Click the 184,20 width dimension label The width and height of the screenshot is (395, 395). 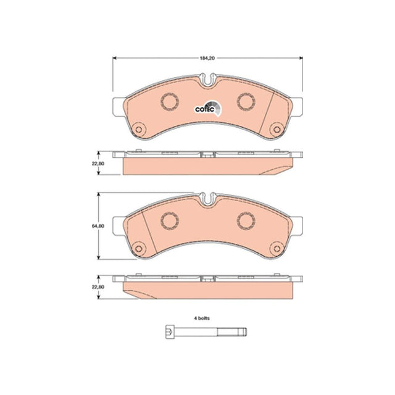(x=207, y=58)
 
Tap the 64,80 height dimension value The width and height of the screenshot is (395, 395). (x=98, y=226)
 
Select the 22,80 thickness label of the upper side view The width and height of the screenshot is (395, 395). (x=98, y=164)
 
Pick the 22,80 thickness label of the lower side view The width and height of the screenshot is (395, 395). (x=98, y=287)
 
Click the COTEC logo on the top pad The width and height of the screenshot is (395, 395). (x=208, y=109)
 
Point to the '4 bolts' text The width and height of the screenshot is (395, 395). (x=202, y=318)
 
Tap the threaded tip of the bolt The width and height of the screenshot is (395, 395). (x=232, y=332)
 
